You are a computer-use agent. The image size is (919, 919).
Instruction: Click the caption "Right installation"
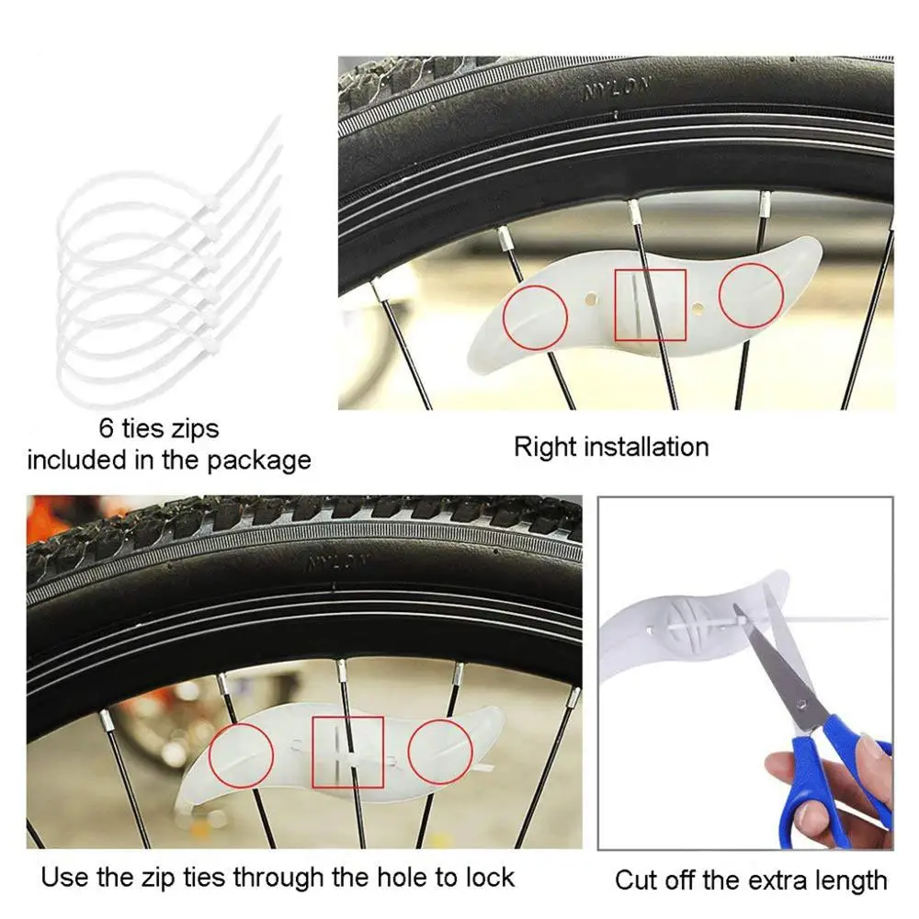tap(611, 448)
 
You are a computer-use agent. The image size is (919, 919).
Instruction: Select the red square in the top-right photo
tap(651, 304)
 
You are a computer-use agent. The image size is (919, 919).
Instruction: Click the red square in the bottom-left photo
tap(347, 752)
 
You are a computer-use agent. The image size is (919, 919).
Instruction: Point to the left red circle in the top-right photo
tap(535, 316)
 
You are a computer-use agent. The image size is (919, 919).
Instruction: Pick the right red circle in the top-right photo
tap(751, 295)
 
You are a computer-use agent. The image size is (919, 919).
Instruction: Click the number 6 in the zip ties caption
tap(107, 428)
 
